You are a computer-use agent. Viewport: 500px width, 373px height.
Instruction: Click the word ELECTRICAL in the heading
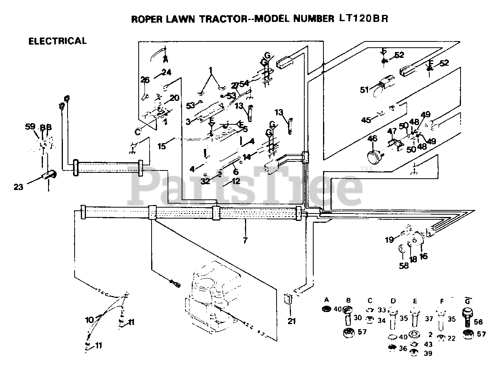[x=57, y=41]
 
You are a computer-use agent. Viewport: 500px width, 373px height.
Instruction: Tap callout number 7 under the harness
[x=245, y=240]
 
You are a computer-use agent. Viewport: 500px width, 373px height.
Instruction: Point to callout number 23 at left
[x=18, y=187]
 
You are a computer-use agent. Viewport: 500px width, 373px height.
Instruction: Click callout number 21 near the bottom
[x=292, y=321]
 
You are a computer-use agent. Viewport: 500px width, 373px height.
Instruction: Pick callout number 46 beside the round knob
[x=373, y=138]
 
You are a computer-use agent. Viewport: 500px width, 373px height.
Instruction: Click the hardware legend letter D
[x=393, y=301]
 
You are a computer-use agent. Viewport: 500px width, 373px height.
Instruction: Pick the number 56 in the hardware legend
[x=478, y=322]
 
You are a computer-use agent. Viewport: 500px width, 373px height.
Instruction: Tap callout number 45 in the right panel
[x=366, y=120]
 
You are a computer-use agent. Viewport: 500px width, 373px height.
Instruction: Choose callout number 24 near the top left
[x=167, y=72]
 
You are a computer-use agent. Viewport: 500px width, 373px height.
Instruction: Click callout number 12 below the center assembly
[x=236, y=181]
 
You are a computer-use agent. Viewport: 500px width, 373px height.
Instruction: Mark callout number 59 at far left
[x=30, y=127]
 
